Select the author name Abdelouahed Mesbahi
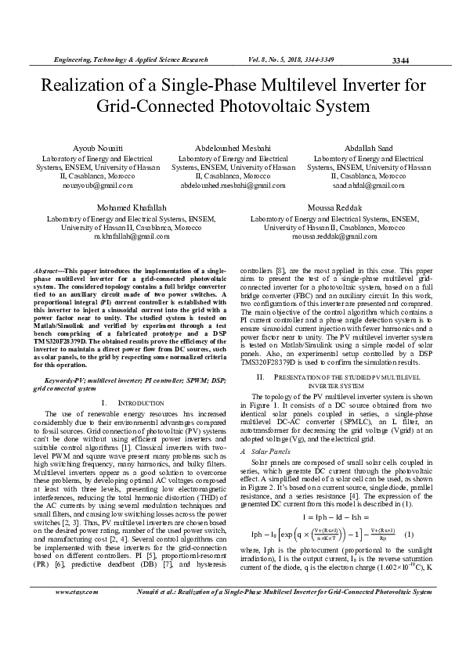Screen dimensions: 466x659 tap(233, 147)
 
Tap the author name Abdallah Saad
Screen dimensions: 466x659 tap(368, 147)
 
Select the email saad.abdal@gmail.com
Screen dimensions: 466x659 tap(368, 185)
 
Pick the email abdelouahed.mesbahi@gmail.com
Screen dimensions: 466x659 tap(233, 185)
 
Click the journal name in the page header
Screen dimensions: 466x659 tap(130, 59)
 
